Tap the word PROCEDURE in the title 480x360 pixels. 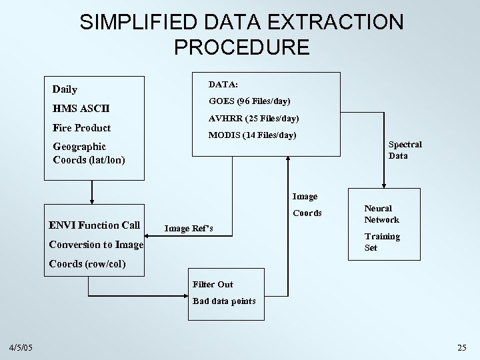click(x=241, y=47)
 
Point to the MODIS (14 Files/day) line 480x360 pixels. click(x=253, y=136)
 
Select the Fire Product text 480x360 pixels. click(x=81, y=128)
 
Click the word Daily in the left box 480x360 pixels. click(x=65, y=89)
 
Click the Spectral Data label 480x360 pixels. click(x=405, y=150)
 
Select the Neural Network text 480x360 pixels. click(x=381, y=214)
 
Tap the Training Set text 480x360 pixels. click(x=381, y=242)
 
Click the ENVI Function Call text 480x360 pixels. click(x=94, y=225)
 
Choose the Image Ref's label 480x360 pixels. click(x=189, y=229)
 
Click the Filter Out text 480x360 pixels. click(x=213, y=285)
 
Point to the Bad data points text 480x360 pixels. click(x=224, y=301)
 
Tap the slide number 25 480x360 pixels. click(x=462, y=347)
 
